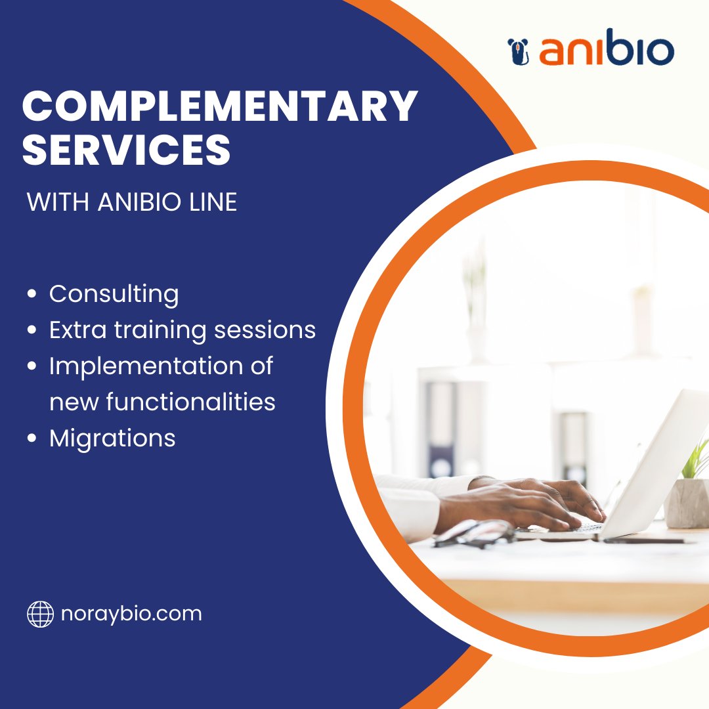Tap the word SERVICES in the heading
127,150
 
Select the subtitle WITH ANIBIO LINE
132,202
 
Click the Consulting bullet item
114,294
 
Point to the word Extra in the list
70,330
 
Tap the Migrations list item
112,437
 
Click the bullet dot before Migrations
32,439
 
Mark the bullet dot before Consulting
32,295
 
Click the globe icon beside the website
40,614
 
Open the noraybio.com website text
131,614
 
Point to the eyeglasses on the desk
475,532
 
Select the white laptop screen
656,460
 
